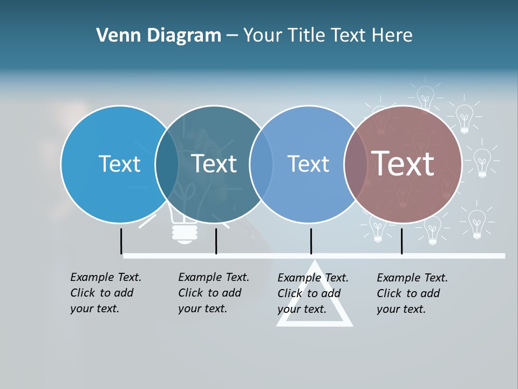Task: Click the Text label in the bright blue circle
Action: click(119, 164)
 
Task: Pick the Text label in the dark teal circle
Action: click(214, 164)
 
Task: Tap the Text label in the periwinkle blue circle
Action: click(308, 164)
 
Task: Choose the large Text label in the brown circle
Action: click(403, 163)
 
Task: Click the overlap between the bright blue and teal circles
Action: click(167, 164)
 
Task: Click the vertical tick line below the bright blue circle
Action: click(121, 241)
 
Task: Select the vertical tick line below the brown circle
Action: click(401, 241)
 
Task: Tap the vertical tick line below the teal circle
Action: click(216, 241)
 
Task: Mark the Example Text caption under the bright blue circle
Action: click(105, 293)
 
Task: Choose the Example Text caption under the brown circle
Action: click(412, 293)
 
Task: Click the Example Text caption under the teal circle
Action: click(213, 293)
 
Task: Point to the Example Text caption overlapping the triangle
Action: click(312, 293)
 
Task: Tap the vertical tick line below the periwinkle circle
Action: click(311, 241)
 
